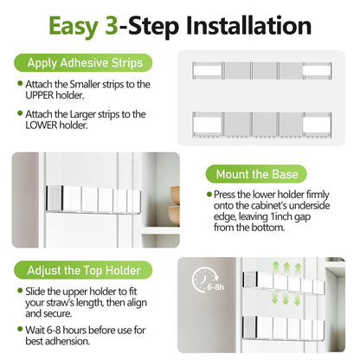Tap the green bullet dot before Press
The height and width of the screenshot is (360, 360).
209,196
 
